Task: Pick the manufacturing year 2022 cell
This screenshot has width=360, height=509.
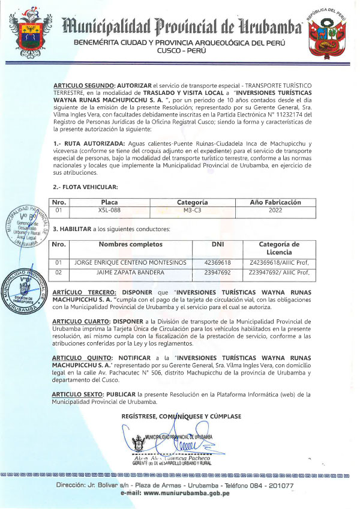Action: tap(275, 211)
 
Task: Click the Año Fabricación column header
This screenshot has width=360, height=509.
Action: tap(275, 202)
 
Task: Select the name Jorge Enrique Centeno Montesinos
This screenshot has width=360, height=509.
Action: tap(130, 263)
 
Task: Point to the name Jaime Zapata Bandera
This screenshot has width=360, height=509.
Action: tap(130, 273)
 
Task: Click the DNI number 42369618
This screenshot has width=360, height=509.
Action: tap(218, 263)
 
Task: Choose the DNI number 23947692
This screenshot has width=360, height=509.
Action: tap(218, 273)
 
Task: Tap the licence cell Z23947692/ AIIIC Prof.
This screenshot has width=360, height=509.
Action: tap(279, 273)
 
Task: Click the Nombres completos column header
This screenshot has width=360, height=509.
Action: tap(130, 244)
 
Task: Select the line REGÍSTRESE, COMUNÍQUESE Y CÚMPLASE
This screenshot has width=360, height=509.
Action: tap(181, 415)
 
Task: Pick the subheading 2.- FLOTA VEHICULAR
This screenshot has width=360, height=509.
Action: tap(82, 187)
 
